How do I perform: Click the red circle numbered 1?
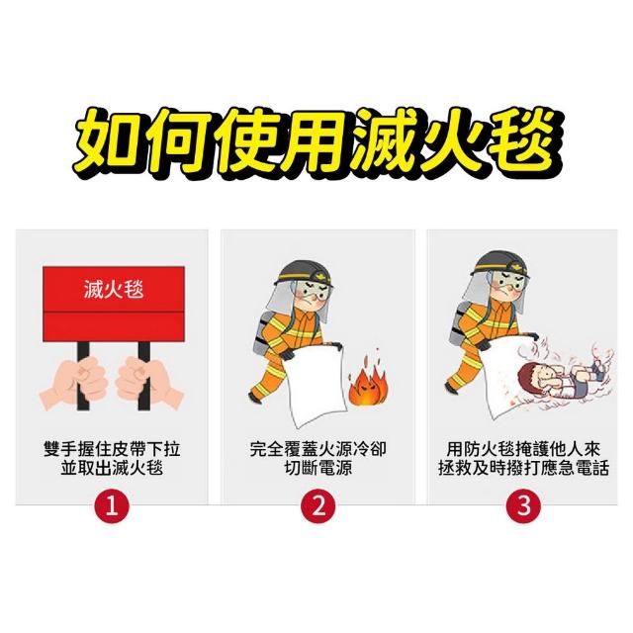[112, 505]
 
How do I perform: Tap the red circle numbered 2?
[318, 505]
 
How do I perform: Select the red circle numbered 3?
[523, 505]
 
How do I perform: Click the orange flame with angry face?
[368, 382]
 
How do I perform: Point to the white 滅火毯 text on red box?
[114, 290]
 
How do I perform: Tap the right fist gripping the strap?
[150, 383]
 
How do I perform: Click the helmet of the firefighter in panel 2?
[304, 274]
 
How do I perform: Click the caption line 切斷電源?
[318, 468]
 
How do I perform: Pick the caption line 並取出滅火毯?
[112, 468]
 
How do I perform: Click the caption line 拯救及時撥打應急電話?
[523, 468]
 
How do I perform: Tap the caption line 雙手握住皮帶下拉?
[112, 449]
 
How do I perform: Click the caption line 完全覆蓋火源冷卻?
[318, 449]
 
